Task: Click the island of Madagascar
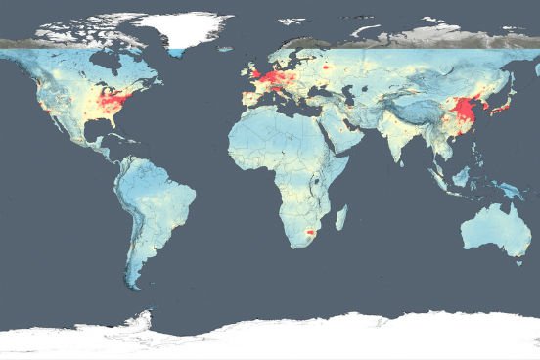[x=340, y=216]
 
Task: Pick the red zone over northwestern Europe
[x=267, y=75]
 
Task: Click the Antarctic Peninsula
[x=147, y=319]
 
